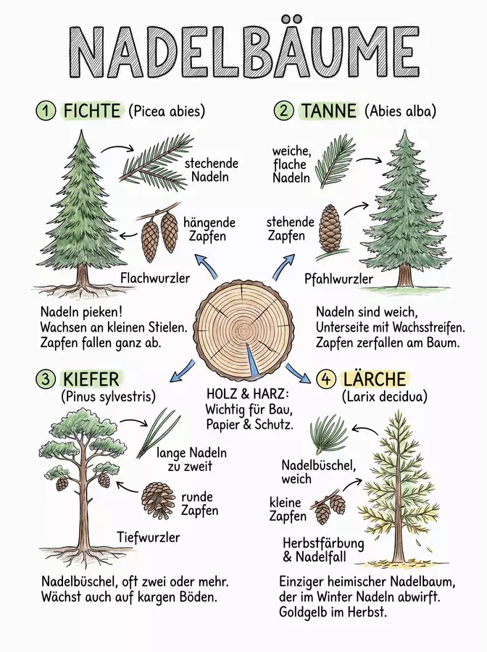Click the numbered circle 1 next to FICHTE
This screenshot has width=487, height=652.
(x=46, y=111)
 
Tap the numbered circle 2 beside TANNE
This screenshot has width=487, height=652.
(x=283, y=111)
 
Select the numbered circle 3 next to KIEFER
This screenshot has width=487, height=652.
(x=46, y=378)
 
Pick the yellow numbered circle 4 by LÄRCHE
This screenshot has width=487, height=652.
(x=325, y=378)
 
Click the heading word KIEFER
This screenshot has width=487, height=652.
(x=91, y=379)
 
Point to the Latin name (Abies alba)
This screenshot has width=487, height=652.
(x=400, y=111)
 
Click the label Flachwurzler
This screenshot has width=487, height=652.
(x=155, y=277)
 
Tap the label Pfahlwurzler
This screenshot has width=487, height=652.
(x=338, y=279)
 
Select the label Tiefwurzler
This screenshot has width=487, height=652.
(x=149, y=537)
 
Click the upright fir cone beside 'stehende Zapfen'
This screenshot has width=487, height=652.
(x=330, y=228)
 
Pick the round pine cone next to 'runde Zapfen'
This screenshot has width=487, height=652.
(x=157, y=499)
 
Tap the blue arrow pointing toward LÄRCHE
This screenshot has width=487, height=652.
(x=298, y=372)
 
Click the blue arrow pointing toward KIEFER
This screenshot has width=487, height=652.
(x=183, y=371)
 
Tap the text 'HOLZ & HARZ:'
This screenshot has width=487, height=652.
(x=248, y=394)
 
